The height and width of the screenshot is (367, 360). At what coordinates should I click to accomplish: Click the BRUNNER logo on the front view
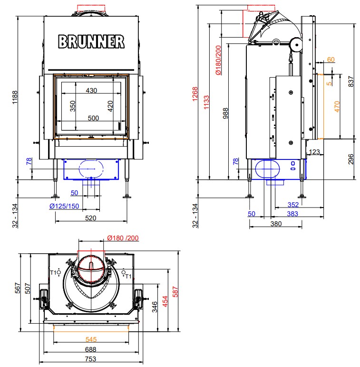[x=91, y=42]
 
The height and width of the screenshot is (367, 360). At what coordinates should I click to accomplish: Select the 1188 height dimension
[x=15, y=98]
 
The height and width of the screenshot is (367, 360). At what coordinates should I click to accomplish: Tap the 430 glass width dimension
[x=91, y=90]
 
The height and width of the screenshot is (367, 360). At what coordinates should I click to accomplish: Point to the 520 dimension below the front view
[x=91, y=218]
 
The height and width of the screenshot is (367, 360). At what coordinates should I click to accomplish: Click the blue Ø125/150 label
[x=64, y=206]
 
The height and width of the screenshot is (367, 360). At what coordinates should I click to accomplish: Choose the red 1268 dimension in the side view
[x=195, y=94]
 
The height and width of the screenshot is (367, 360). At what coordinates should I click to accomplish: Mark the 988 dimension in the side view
[x=225, y=113]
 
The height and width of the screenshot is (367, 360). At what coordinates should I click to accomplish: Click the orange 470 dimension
[x=337, y=107]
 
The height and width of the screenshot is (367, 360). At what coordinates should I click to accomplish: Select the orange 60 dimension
[x=331, y=60]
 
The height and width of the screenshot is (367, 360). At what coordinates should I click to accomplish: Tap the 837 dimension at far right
[x=351, y=81]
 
